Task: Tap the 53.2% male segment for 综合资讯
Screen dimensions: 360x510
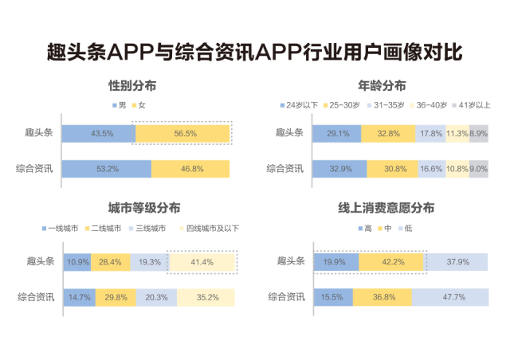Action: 106,169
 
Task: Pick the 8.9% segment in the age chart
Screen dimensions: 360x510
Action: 479,134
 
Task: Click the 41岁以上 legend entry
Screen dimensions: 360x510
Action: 473,105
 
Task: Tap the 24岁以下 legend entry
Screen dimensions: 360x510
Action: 299,105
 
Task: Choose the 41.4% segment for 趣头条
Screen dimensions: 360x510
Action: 202,262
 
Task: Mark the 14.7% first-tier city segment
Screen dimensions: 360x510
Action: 78,298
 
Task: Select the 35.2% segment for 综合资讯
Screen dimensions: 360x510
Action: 206,298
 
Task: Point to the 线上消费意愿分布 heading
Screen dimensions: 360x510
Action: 386,209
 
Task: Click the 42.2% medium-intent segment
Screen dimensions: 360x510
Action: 391,261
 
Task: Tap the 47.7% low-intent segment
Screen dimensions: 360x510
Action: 450,298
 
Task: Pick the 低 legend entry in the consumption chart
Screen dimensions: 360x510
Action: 406,229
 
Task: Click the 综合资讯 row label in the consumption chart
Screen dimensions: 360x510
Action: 286,298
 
